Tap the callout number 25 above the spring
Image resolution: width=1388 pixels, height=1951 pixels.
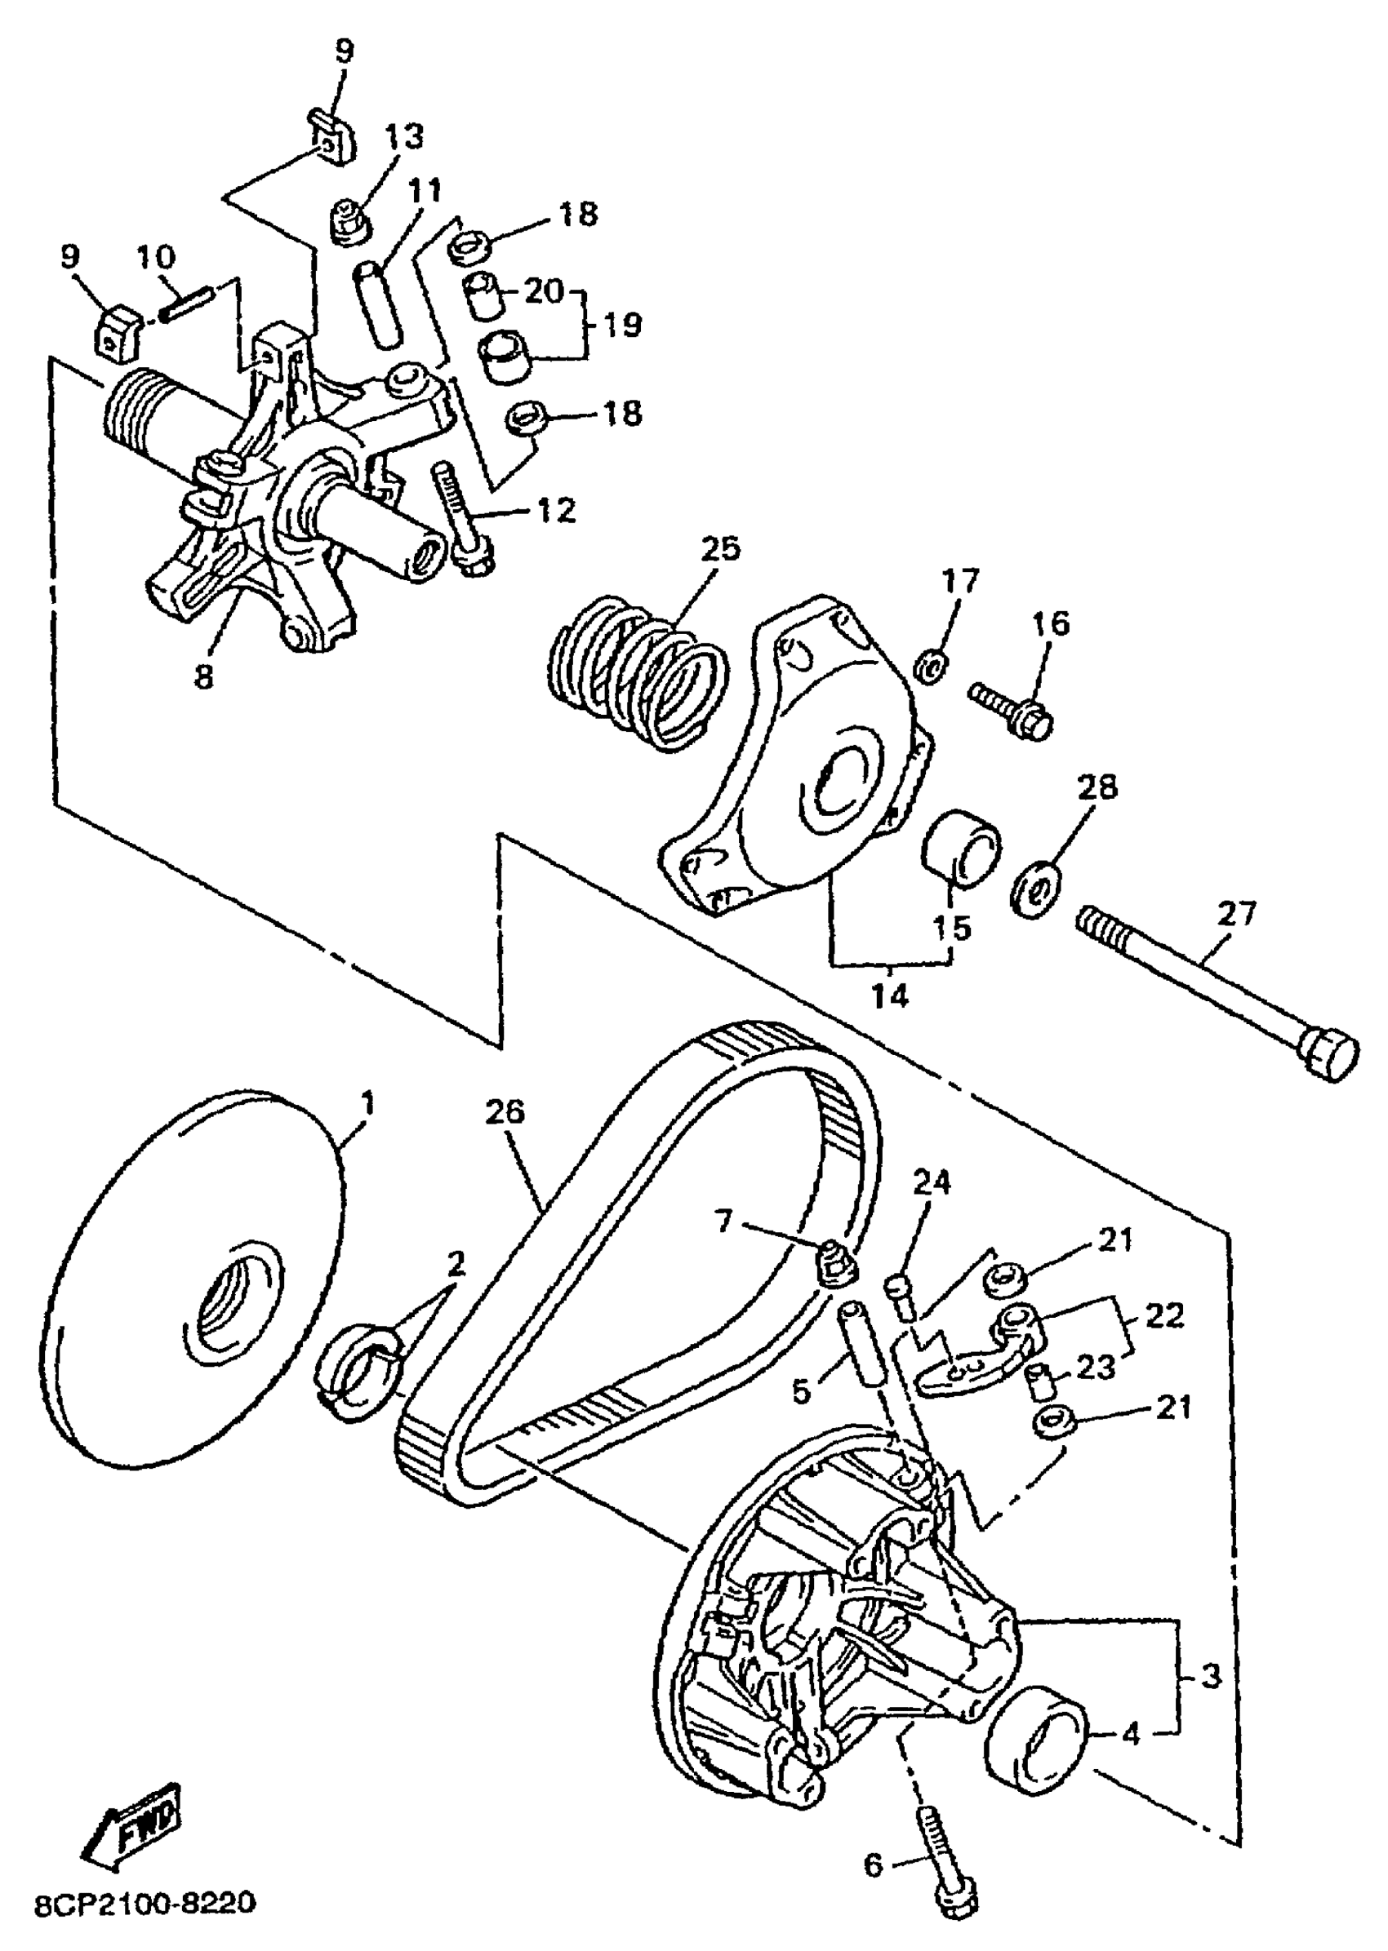coord(719,549)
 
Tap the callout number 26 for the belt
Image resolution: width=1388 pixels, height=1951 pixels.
coord(505,1112)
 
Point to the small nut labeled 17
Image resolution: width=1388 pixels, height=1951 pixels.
coord(932,663)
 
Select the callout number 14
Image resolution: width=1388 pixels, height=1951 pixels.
coord(891,995)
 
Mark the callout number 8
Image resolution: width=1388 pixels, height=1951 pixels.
coord(203,678)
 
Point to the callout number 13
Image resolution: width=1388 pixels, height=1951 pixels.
coord(403,136)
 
